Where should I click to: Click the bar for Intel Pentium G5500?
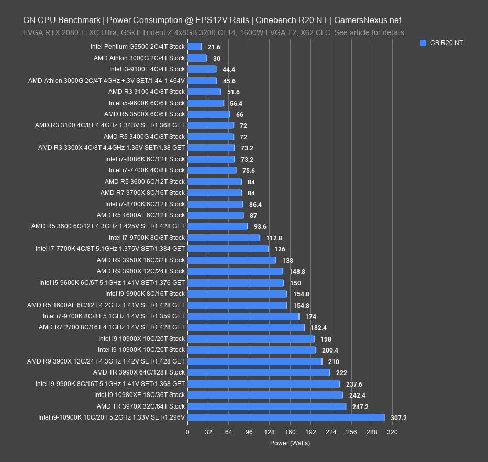click(x=194, y=47)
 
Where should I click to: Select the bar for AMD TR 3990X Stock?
click(x=259, y=372)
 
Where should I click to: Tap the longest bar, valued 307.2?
click(x=286, y=417)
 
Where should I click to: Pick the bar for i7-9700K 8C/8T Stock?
click(x=224, y=238)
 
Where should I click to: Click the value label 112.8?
click(x=274, y=238)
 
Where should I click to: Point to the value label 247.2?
click(x=360, y=406)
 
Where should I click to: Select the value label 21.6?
click(x=214, y=47)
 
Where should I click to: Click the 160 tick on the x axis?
click(x=290, y=432)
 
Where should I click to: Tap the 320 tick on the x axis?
click(x=392, y=432)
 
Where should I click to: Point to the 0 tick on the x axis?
click(x=187, y=432)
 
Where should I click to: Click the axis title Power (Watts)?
click(x=290, y=443)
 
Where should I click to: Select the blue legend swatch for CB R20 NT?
click(x=423, y=43)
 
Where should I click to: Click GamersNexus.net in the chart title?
click(x=368, y=20)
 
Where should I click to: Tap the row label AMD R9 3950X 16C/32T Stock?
click(x=141, y=260)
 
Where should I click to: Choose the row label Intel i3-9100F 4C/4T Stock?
click(x=147, y=69)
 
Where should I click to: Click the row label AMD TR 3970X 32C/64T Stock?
click(x=141, y=406)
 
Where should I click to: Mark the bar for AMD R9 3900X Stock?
click(x=235, y=271)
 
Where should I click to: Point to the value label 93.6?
click(x=260, y=227)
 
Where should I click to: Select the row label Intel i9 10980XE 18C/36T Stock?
click(x=140, y=395)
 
